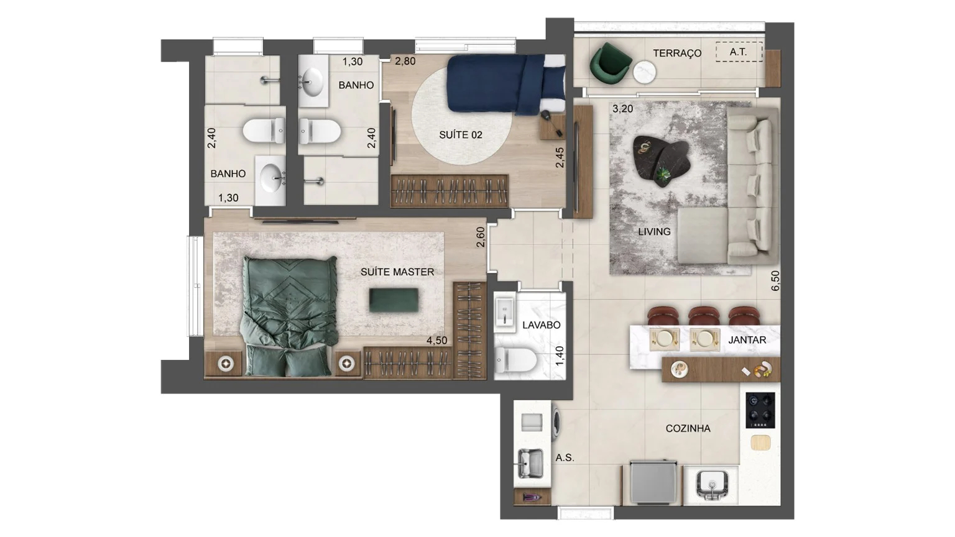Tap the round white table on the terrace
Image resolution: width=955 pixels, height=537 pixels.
click(x=645, y=72)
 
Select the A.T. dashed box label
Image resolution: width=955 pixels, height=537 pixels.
click(x=739, y=52)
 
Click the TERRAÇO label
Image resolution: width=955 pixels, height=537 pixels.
click(x=676, y=53)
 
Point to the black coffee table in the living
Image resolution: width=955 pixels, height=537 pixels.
click(x=662, y=159)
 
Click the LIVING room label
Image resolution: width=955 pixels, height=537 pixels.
click(x=654, y=232)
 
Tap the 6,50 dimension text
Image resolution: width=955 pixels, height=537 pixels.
click(x=775, y=281)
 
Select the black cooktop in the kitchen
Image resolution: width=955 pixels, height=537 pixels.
click(x=760, y=410)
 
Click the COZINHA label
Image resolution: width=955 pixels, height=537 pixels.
click(x=688, y=428)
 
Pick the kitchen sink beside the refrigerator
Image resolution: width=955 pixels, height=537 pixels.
click(x=711, y=484)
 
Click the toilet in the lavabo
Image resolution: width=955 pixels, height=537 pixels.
click(x=515, y=360)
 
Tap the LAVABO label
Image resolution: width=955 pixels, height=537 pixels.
click(x=541, y=325)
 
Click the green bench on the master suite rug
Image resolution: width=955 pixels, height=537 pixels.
click(x=393, y=300)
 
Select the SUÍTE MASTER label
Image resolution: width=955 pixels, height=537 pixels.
click(x=397, y=272)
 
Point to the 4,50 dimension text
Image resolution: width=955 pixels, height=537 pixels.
click(x=436, y=341)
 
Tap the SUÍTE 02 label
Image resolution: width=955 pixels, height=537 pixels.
click(x=461, y=135)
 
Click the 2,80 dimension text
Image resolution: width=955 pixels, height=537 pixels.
click(x=405, y=62)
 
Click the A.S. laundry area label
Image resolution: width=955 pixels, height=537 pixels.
click(x=565, y=458)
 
